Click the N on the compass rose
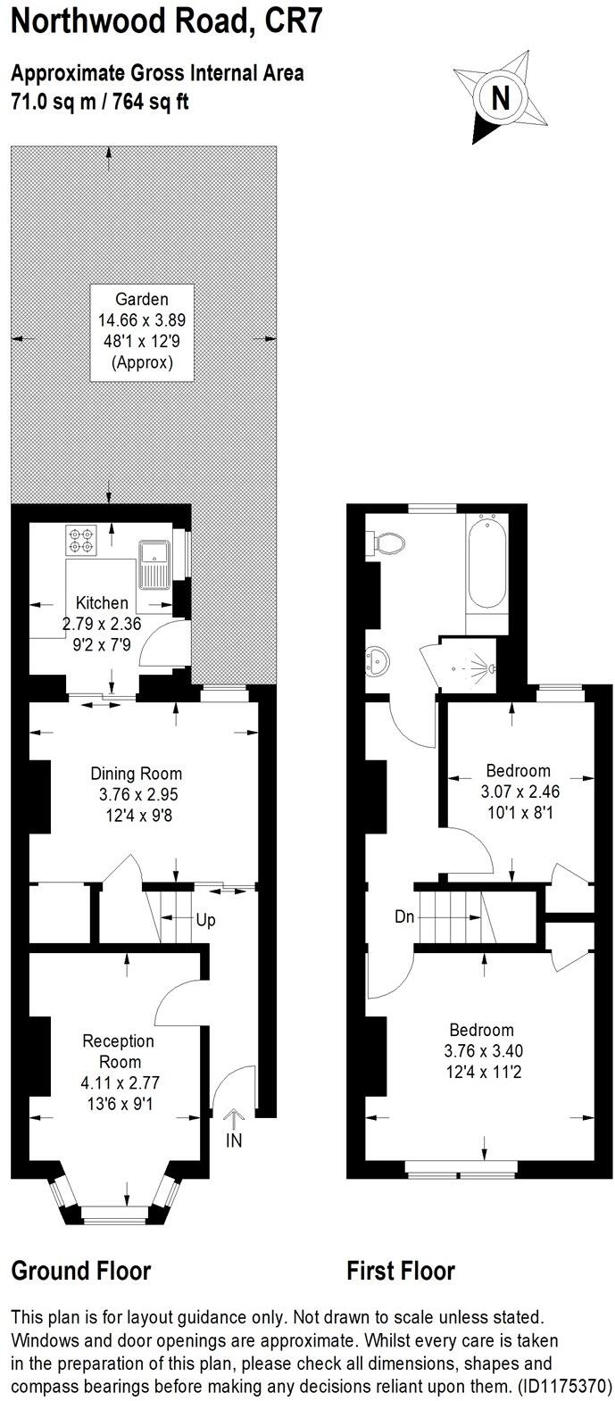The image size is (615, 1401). click(502, 97)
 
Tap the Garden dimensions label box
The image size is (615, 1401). click(141, 331)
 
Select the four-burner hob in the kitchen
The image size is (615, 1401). click(81, 541)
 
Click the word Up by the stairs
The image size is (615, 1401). click(205, 919)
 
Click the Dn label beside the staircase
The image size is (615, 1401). click(404, 917)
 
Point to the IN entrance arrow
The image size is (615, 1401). click(234, 1129)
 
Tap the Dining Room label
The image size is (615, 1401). click(136, 774)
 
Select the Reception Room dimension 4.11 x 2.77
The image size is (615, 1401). click(119, 1082)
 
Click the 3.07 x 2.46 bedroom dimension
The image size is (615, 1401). click(518, 791)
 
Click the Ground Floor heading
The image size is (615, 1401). click(81, 1270)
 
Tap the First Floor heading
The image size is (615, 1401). click(401, 1270)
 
